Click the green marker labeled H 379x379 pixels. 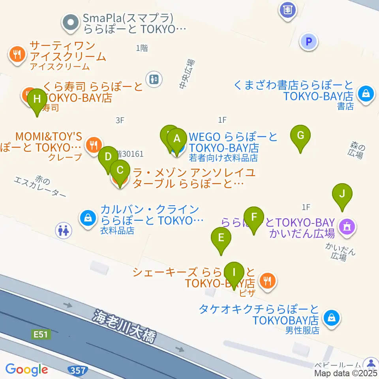coord(37,99)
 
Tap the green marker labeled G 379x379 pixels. coord(300,136)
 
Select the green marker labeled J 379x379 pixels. coord(342,194)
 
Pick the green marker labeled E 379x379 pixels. coord(221,238)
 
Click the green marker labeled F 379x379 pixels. coord(254,218)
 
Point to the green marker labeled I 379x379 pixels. coord(234,273)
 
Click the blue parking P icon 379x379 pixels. coord(309,41)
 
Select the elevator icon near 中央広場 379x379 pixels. coord(154,79)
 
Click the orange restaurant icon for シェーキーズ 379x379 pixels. coord(268,281)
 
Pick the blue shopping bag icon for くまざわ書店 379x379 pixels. coord(366,94)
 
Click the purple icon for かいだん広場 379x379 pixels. coord(347,227)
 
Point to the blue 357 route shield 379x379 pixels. coord(77,370)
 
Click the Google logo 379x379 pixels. coord(26,370)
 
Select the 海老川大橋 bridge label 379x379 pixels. coord(124,326)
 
